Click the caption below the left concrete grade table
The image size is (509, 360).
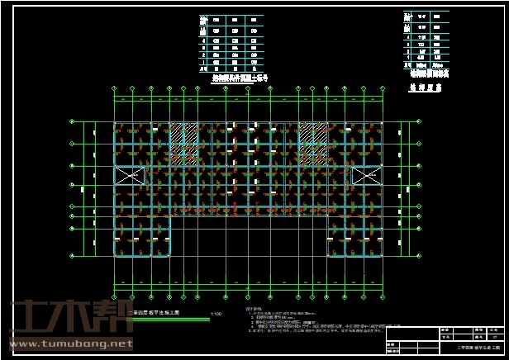(x=234, y=78)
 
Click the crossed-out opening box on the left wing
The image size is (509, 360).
(x=128, y=175)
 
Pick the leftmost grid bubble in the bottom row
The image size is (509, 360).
(x=114, y=292)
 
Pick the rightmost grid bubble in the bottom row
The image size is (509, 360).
(x=382, y=292)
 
